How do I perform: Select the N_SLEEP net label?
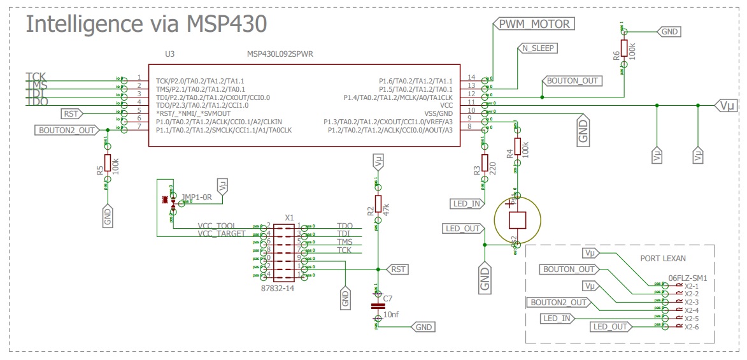tap(537, 48)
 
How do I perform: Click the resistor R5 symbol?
tap(108, 162)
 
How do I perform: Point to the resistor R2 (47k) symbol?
tap(378, 203)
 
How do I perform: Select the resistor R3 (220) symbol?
tap(485, 164)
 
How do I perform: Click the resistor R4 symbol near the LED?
tap(517, 148)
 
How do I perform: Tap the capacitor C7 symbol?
tap(378, 305)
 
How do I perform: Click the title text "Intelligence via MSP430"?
tap(145, 24)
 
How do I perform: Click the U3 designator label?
tap(169, 54)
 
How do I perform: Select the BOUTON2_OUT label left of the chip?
tap(67, 130)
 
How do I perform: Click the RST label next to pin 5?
tap(71, 113)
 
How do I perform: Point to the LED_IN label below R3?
tap(467, 204)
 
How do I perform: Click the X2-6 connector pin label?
tap(692, 328)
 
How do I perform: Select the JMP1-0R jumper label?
tap(196, 198)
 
